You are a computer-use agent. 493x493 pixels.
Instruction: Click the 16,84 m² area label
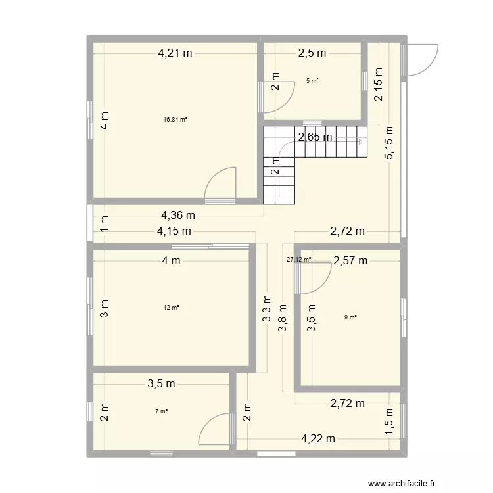(x=176, y=120)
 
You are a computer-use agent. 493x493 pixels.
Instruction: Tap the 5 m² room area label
(x=312, y=81)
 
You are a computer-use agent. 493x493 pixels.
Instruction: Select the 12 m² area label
(x=171, y=307)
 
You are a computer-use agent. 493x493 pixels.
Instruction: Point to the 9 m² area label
(x=350, y=318)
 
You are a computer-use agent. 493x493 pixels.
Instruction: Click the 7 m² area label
(x=161, y=411)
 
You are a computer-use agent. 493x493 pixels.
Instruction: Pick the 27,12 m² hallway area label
(x=298, y=259)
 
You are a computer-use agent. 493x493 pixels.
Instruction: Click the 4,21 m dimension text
(x=174, y=54)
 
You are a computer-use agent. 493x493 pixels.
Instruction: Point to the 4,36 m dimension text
(x=177, y=215)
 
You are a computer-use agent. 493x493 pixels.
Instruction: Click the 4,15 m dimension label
(x=174, y=231)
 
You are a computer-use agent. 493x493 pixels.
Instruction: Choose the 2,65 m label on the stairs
(x=315, y=137)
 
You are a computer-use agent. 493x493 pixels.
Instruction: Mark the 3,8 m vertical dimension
(x=282, y=320)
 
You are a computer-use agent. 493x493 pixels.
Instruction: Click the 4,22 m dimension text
(x=318, y=439)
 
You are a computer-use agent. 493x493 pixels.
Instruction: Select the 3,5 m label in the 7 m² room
(x=161, y=383)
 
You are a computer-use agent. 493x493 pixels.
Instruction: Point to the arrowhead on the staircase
(x=360, y=141)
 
